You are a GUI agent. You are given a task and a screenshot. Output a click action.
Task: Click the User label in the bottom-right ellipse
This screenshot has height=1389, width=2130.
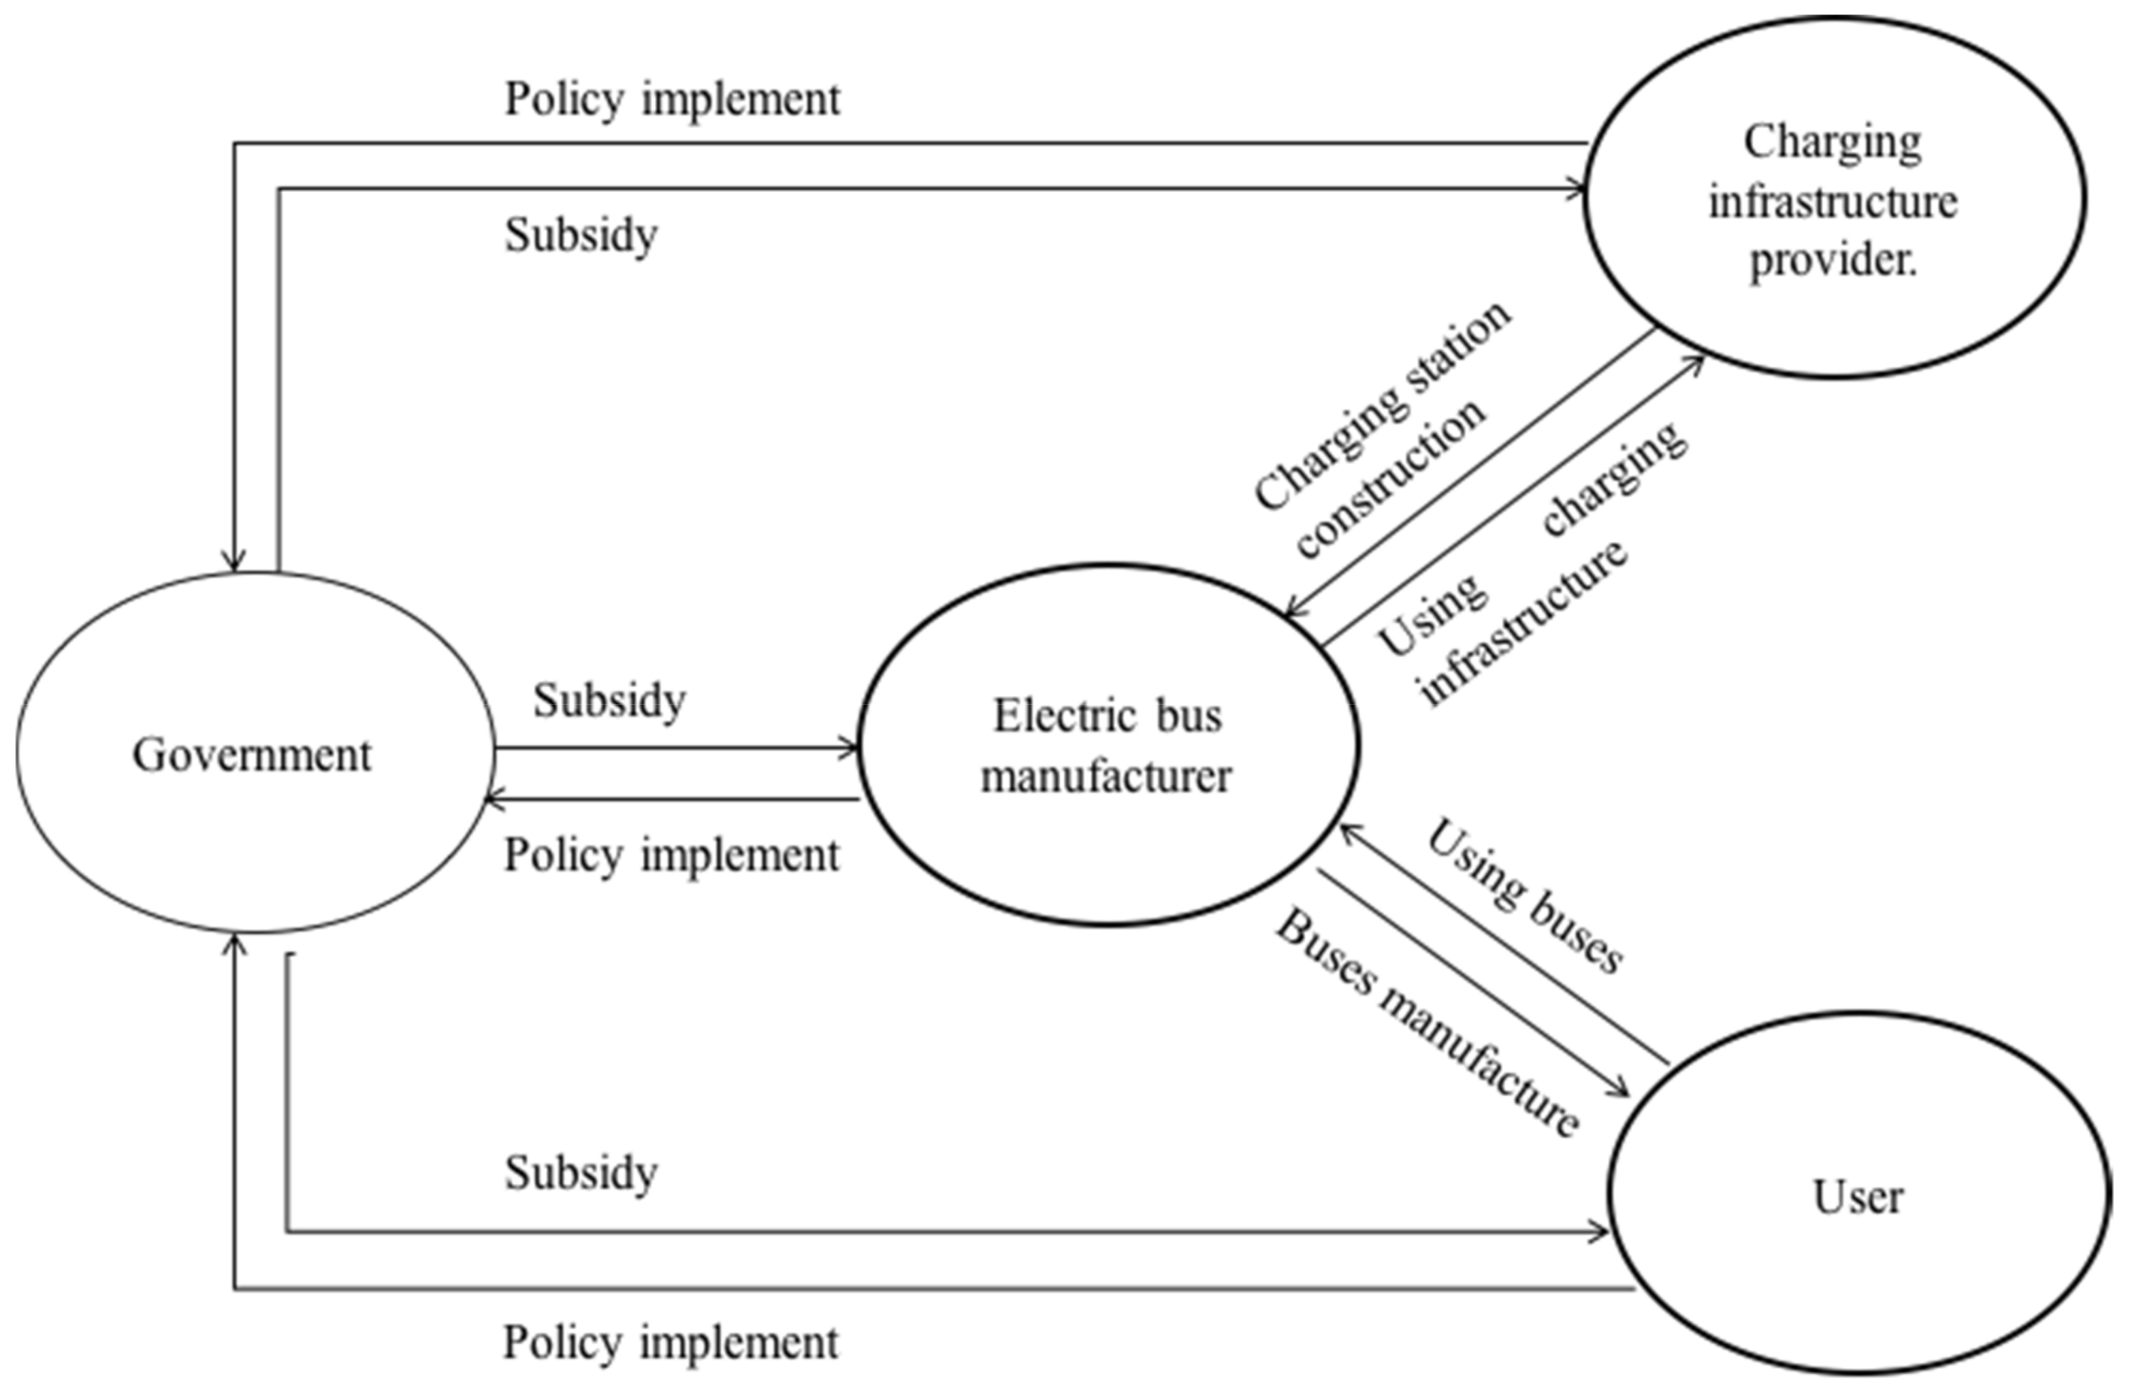1857,1196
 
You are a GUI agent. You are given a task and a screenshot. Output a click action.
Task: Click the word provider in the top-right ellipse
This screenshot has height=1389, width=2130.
1830,260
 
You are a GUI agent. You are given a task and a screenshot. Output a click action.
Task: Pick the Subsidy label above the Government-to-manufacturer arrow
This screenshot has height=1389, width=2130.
609,700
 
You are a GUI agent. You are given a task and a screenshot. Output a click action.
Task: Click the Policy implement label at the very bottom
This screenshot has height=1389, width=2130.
671,1343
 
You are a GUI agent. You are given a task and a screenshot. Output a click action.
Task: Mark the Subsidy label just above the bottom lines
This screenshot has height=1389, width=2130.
581,1172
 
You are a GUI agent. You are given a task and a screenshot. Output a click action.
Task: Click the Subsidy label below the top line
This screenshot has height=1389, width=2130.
581,236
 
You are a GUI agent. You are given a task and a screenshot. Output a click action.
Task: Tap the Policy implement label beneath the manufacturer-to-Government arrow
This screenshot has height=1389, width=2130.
671,855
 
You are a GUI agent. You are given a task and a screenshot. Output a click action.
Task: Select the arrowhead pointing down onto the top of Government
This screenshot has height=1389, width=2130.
234,562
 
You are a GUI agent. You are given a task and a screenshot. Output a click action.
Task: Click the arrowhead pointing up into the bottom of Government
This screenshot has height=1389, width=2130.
234,945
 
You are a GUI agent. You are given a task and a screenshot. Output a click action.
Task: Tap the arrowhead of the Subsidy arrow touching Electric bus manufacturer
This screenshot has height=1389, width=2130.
850,748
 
